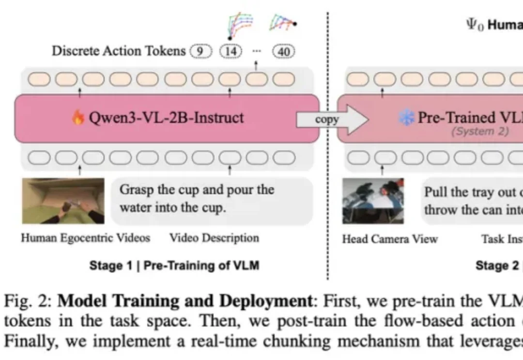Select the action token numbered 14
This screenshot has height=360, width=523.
click(231, 51)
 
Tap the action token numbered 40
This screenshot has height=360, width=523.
click(283, 51)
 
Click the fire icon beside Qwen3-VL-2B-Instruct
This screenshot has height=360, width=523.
click(78, 118)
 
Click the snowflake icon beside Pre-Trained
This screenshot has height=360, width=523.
click(406, 118)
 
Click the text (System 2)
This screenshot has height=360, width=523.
click(480, 131)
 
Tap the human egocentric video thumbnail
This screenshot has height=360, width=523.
click(63, 201)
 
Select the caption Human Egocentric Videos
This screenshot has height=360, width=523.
click(85, 238)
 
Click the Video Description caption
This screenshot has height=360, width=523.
click(214, 238)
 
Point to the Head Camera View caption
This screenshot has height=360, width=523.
click(389, 239)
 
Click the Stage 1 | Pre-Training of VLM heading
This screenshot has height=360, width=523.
click(174, 265)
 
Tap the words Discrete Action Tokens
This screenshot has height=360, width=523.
click(119, 51)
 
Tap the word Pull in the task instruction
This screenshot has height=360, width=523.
click(435, 192)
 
